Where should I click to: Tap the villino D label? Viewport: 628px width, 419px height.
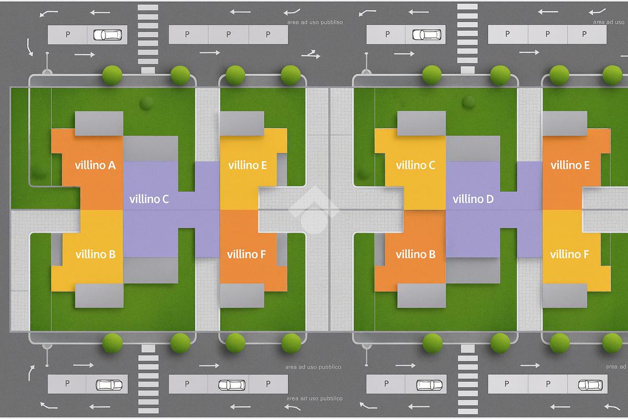point(473,199)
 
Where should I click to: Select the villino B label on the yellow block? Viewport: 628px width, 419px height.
point(95,255)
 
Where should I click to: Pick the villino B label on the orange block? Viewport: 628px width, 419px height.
point(416,255)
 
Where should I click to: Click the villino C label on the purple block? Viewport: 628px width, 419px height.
point(149,199)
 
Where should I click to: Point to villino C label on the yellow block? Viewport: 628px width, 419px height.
point(416,166)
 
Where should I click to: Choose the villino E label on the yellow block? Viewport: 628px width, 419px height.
point(248,166)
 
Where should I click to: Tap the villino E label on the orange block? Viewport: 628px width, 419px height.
point(570,166)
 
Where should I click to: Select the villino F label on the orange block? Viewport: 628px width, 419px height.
point(246,255)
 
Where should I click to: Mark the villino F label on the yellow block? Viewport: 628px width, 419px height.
point(569,255)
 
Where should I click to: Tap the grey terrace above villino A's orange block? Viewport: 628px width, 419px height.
point(99,123)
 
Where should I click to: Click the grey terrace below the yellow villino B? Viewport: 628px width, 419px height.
point(99,296)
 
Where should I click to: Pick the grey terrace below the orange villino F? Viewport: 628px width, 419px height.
point(242,295)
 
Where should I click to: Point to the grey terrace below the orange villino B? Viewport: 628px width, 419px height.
point(421,296)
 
